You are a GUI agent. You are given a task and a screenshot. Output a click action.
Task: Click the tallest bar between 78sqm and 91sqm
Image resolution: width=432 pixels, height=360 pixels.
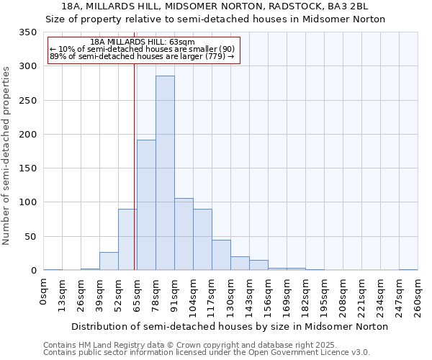pos(165,173)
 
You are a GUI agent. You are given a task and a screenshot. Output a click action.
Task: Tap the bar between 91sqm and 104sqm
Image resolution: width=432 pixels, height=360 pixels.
pos(184,234)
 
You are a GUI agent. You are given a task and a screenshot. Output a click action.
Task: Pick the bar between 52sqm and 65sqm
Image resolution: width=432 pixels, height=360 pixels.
pos(127,240)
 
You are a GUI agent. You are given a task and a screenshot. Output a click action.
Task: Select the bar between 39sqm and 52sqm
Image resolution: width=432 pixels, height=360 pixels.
pos(109,261)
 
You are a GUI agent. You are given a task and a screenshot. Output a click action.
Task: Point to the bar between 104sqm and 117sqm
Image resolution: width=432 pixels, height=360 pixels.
pos(202,240)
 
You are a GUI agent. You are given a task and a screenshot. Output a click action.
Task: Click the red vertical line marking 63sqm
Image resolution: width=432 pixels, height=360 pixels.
pos(135,166)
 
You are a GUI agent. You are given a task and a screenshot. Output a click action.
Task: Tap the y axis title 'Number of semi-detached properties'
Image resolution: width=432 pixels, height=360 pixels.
pos(7,155)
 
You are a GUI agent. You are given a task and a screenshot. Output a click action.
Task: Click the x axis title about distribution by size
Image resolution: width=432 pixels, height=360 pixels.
pos(230,327)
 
